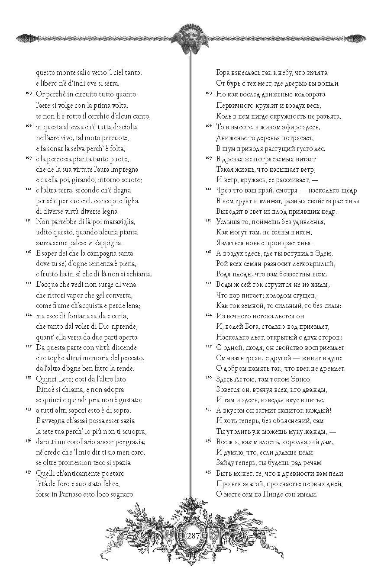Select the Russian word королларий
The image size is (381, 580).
tap(307, 442)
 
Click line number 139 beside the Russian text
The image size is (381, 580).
tap(208, 471)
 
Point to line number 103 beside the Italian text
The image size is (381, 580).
tap(28, 93)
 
